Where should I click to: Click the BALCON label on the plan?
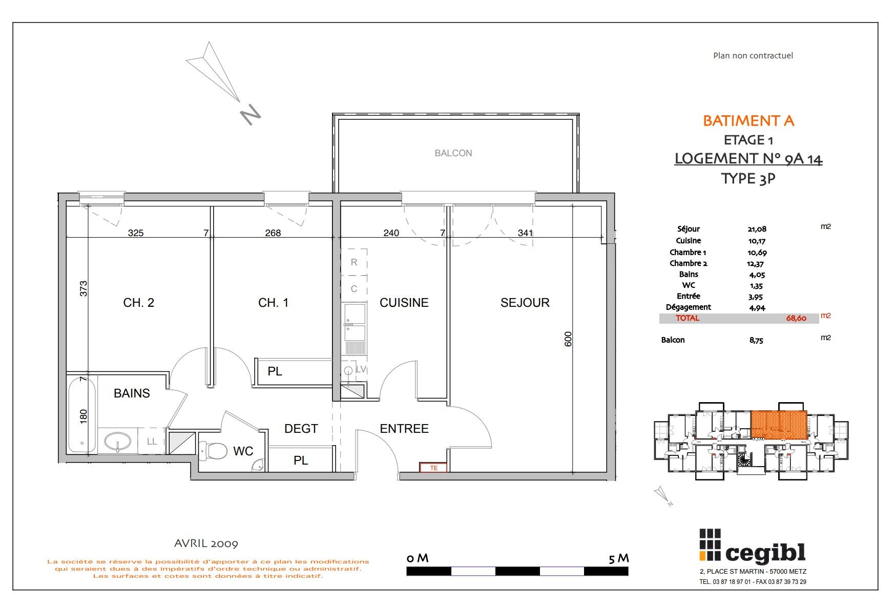tap(453, 153)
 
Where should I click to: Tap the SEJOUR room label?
tap(525, 303)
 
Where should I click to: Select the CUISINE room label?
tap(404, 303)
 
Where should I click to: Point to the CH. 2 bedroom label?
tap(138, 303)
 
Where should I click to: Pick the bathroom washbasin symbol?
tap(118, 441)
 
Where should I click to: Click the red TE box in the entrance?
tap(433, 468)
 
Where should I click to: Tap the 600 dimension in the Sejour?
tap(568, 339)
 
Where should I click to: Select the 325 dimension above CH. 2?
tap(135, 233)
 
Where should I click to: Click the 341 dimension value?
tap(525, 233)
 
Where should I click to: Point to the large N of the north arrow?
tap(251, 115)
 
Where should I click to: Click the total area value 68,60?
tap(796, 318)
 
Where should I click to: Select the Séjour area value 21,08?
tap(757, 229)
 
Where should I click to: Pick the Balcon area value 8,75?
tap(756, 340)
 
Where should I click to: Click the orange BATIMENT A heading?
tap(748, 121)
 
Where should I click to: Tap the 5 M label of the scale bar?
tap(618, 558)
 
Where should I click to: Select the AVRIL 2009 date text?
tap(206, 543)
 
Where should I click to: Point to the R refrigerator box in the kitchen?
tap(354, 262)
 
